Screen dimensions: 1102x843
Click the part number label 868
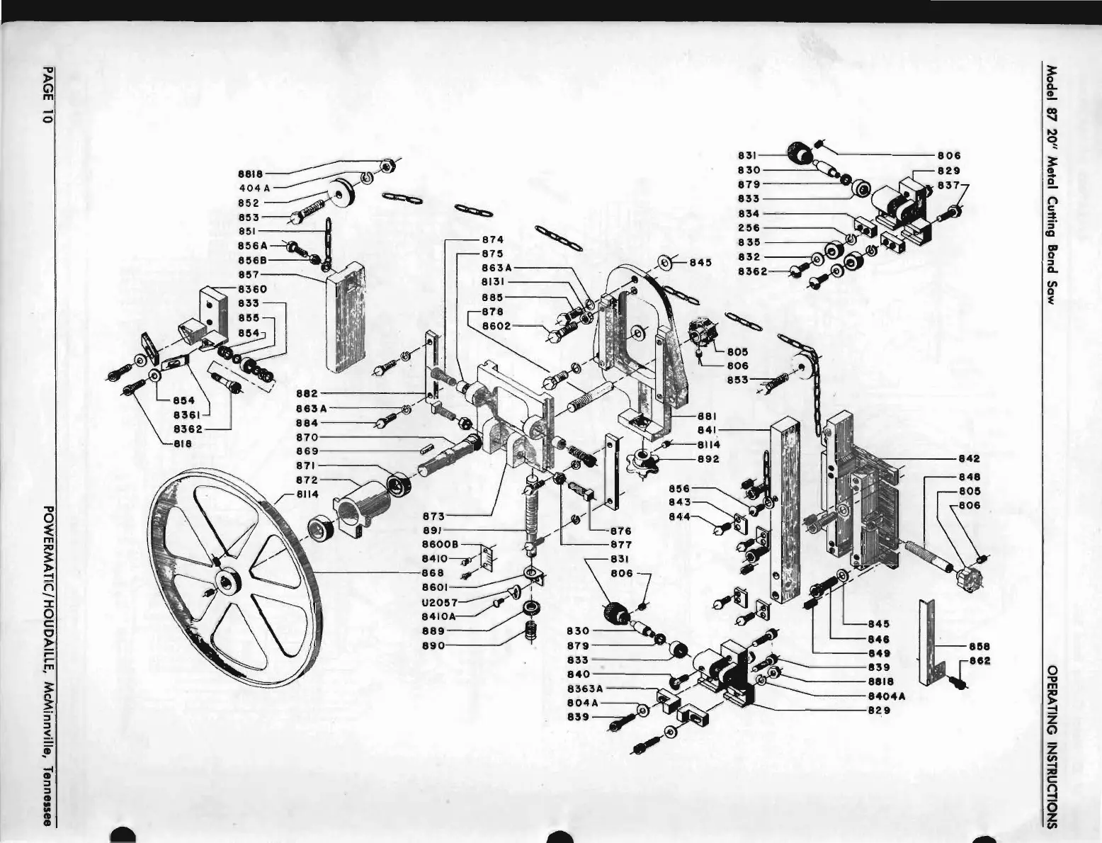432,572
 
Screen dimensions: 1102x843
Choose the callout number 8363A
585,688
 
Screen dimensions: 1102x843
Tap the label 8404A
885,696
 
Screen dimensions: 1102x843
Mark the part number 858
979,646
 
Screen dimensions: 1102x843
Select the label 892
708,459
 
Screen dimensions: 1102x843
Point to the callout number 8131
492,283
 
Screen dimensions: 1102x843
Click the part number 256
749,228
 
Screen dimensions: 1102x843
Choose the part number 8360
251,289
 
